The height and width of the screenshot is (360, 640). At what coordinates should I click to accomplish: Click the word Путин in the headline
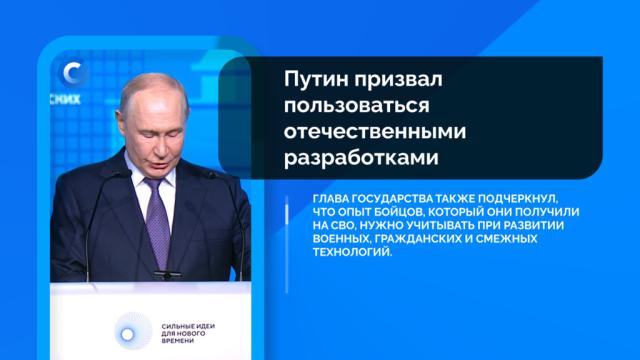(x=316, y=80)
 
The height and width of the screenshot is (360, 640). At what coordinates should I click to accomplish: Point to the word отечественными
(x=375, y=131)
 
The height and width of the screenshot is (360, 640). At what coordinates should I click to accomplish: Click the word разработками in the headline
(x=361, y=158)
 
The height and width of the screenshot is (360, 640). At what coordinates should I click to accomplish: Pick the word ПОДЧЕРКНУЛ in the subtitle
(x=518, y=199)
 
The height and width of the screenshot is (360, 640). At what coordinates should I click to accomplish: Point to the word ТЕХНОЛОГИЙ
(x=352, y=252)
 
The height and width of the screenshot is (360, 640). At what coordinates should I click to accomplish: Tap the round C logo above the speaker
(x=73, y=73)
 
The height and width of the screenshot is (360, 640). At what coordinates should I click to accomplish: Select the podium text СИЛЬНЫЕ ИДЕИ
(x=188, y=327)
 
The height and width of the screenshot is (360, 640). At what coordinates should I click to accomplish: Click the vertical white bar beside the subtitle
(x=287, y=244)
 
